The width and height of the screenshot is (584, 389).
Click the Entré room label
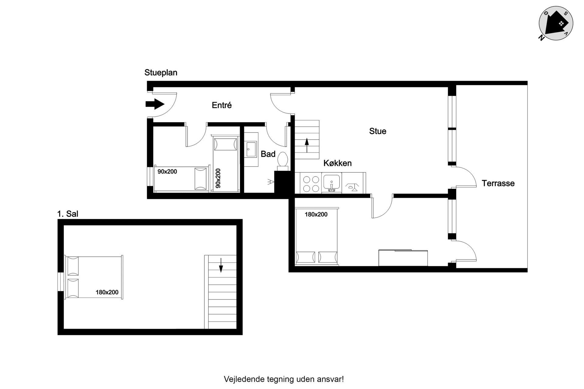click(222, 105)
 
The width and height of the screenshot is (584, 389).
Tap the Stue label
click(378, 131)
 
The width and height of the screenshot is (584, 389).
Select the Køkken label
click(337, 163)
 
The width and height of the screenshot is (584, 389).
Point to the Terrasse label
click(498, 183)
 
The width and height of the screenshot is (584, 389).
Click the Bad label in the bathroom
click(268, 154)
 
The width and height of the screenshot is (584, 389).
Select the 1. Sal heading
click(68, 214)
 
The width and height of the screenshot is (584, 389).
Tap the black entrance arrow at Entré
click(155, 104)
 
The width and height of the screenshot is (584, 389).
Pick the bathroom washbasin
click(251, 149)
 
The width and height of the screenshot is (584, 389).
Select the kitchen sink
click(332, 184)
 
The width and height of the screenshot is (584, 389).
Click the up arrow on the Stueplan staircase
click(307, 145)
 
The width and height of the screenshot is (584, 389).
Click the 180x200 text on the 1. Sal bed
click(107, 292)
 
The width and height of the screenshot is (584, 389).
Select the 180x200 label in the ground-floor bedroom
click(316, 215)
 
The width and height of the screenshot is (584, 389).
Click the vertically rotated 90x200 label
click(218, 178)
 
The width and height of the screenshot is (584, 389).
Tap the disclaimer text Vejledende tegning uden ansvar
click(284, 379)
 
